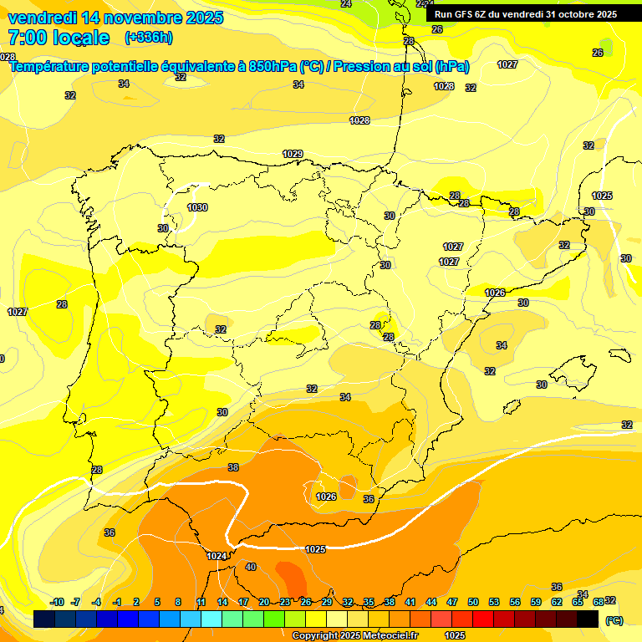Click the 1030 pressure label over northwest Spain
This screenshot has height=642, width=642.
(x=197, y=207)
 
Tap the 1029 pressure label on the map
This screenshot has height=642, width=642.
(x=293, y=154)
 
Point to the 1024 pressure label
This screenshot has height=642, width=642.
(x=217, y=556)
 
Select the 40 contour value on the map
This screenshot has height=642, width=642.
(x=251, y=568)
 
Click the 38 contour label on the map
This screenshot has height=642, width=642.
(x=233, y=467)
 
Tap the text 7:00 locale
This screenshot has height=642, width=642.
(x=59, y=38)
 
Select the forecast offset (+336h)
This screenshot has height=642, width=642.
(x=149, y=38)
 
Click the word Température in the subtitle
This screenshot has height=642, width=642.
(x=55, y=67)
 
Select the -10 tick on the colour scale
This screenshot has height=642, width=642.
(x=57, y=602)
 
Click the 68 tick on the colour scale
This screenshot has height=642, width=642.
(x=599, y=602)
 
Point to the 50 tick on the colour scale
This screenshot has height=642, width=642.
(x=473, y=602)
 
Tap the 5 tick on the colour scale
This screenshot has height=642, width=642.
(x=157, y=602)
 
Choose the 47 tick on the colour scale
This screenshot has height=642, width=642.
(x=452, y=602)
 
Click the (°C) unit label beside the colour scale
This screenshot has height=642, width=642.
(x=614, y=619)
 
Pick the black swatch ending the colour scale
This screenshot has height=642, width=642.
(x=588, y=619)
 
